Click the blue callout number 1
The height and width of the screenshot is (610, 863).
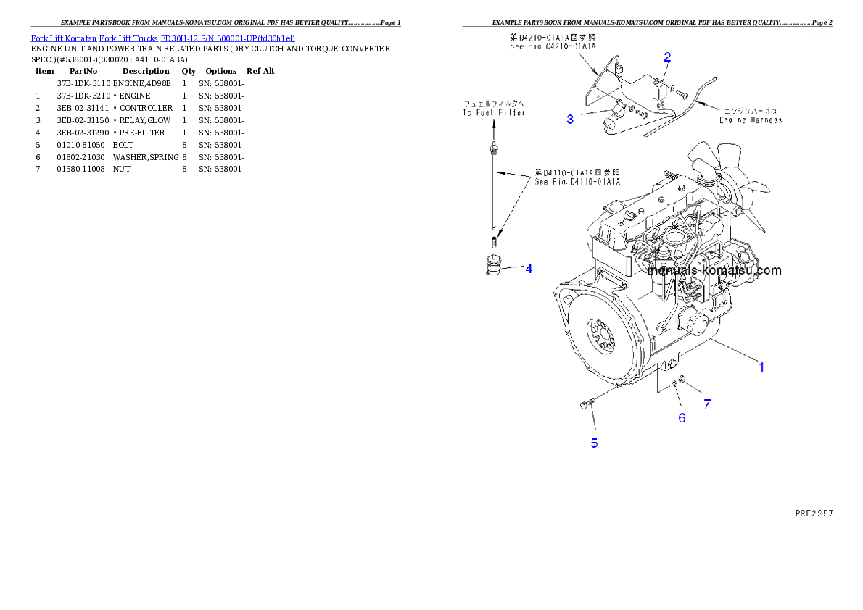tap(761, 367)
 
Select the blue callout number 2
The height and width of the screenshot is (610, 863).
tap(667, 57)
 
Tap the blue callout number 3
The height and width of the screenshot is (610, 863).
tap(570, 120)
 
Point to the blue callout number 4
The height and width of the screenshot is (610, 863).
tap(528, 269)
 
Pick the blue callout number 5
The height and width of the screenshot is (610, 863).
tap(594, 443)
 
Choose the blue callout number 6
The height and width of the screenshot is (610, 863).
tap(682, 417)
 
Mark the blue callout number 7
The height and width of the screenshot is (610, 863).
tap(707, 404)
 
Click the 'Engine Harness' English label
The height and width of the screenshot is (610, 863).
tap(751, 120)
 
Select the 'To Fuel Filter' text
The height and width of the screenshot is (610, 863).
tap(494, 113)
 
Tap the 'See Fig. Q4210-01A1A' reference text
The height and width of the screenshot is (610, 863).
tap(553, 45)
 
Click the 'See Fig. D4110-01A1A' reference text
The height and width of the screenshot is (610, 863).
tap(577, 183)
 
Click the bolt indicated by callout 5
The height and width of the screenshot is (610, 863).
tap(586, 405)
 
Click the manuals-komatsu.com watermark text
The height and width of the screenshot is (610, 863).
tap(714, 270)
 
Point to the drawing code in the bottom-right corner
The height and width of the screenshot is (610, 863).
tap(813, 512)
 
